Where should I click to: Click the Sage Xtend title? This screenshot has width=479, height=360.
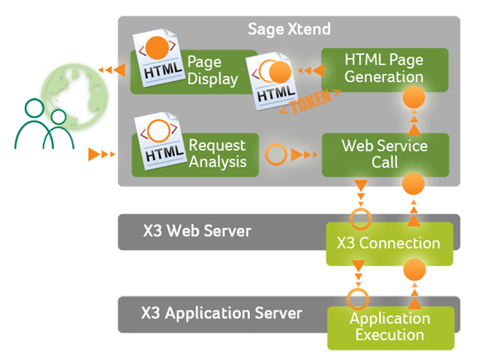289,29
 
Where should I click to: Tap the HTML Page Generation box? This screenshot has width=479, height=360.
384,68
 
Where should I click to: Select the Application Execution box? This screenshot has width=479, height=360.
389,327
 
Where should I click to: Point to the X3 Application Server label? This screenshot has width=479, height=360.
221,313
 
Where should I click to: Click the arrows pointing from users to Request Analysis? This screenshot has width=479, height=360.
102,154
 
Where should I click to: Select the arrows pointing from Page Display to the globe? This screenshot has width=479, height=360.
111,69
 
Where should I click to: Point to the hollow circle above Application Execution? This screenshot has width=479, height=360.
358,299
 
